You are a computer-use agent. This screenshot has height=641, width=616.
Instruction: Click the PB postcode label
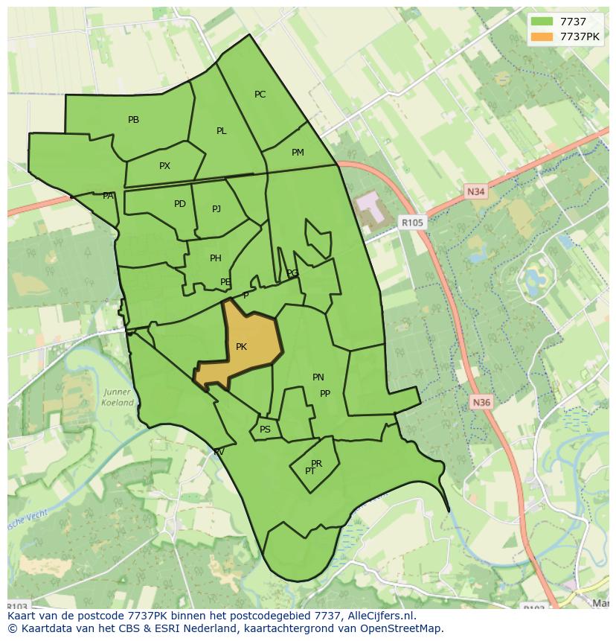click(x=133, y=120)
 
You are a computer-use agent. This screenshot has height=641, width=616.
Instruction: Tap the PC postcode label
click(x=260, y=95)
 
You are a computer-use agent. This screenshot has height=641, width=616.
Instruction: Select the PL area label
click(x=221, y=131)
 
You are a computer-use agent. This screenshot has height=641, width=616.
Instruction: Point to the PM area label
click(x=298, y=153)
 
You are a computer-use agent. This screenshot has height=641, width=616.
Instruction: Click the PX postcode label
click(x=164, y=166)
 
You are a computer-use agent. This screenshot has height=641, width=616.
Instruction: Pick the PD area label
click(x=179, y=204)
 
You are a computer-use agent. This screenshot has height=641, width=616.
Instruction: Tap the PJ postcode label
click(x=216, y=209)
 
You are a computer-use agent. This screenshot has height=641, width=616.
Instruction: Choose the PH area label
click(x=215, y=258)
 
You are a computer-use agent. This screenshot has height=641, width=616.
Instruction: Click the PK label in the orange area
click(x=241, y=347)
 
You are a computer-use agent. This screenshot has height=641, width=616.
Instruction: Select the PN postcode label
click(x=318, y=377)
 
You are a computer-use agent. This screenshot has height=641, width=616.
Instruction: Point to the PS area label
click(x=265, y=430)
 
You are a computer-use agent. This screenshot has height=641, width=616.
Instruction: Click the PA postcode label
click(x=108, y=196)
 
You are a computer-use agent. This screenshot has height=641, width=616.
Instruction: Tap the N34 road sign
click(x=476, y=192)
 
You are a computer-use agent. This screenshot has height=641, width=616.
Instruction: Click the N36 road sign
click(x=481, y=403)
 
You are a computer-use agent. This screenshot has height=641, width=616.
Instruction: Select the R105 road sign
click(x=411, y=222)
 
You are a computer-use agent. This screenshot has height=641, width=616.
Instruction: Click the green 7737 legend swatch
click(x=542, y=22)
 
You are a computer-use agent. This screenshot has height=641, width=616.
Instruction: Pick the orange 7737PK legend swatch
click(x=542, y=36)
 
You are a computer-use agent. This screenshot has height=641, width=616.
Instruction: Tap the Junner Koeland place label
click(x=118, y=398)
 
